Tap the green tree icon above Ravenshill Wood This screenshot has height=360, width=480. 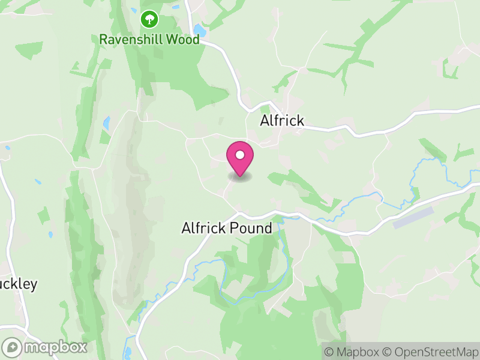[x=149, y=20]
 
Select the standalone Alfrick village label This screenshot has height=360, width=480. [x=282, y=121]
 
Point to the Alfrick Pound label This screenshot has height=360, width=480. [x=227, y=228]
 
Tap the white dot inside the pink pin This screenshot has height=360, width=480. [x=240, y=155]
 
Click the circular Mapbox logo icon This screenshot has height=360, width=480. [x=13, y=347]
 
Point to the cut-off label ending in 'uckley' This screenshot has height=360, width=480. [x=18, y=284]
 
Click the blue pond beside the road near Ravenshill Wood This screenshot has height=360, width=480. [x=199, y=30]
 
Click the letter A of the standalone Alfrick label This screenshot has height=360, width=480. [x=265, y=121]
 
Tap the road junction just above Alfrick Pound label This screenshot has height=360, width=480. [x=238, y=212]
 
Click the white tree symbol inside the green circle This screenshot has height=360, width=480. [x=149, y=20]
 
